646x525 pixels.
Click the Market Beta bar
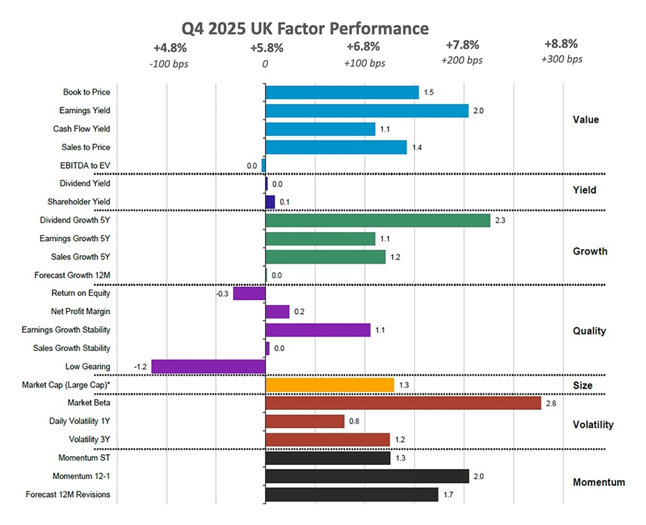pos(403,403)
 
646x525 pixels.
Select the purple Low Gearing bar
pos(209,367)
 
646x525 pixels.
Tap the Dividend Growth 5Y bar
pos(378,220)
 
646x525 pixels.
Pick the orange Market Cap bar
pos(330,385)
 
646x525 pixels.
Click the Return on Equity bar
pos(250,293)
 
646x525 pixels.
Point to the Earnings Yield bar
pos(367,111)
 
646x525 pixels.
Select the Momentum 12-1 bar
pos(367,476)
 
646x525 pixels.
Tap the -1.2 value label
pos(140,367)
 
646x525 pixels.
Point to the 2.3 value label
pos(500,220)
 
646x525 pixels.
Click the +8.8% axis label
pos(561,44)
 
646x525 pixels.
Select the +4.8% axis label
pos(170,47)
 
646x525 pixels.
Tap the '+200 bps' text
pos(462,60)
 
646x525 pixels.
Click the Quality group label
pos(589,331)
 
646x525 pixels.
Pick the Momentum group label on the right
pos(599,482)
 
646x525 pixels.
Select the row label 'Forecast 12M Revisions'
pos(68,495)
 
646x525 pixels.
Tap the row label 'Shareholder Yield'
pos(79,202)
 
